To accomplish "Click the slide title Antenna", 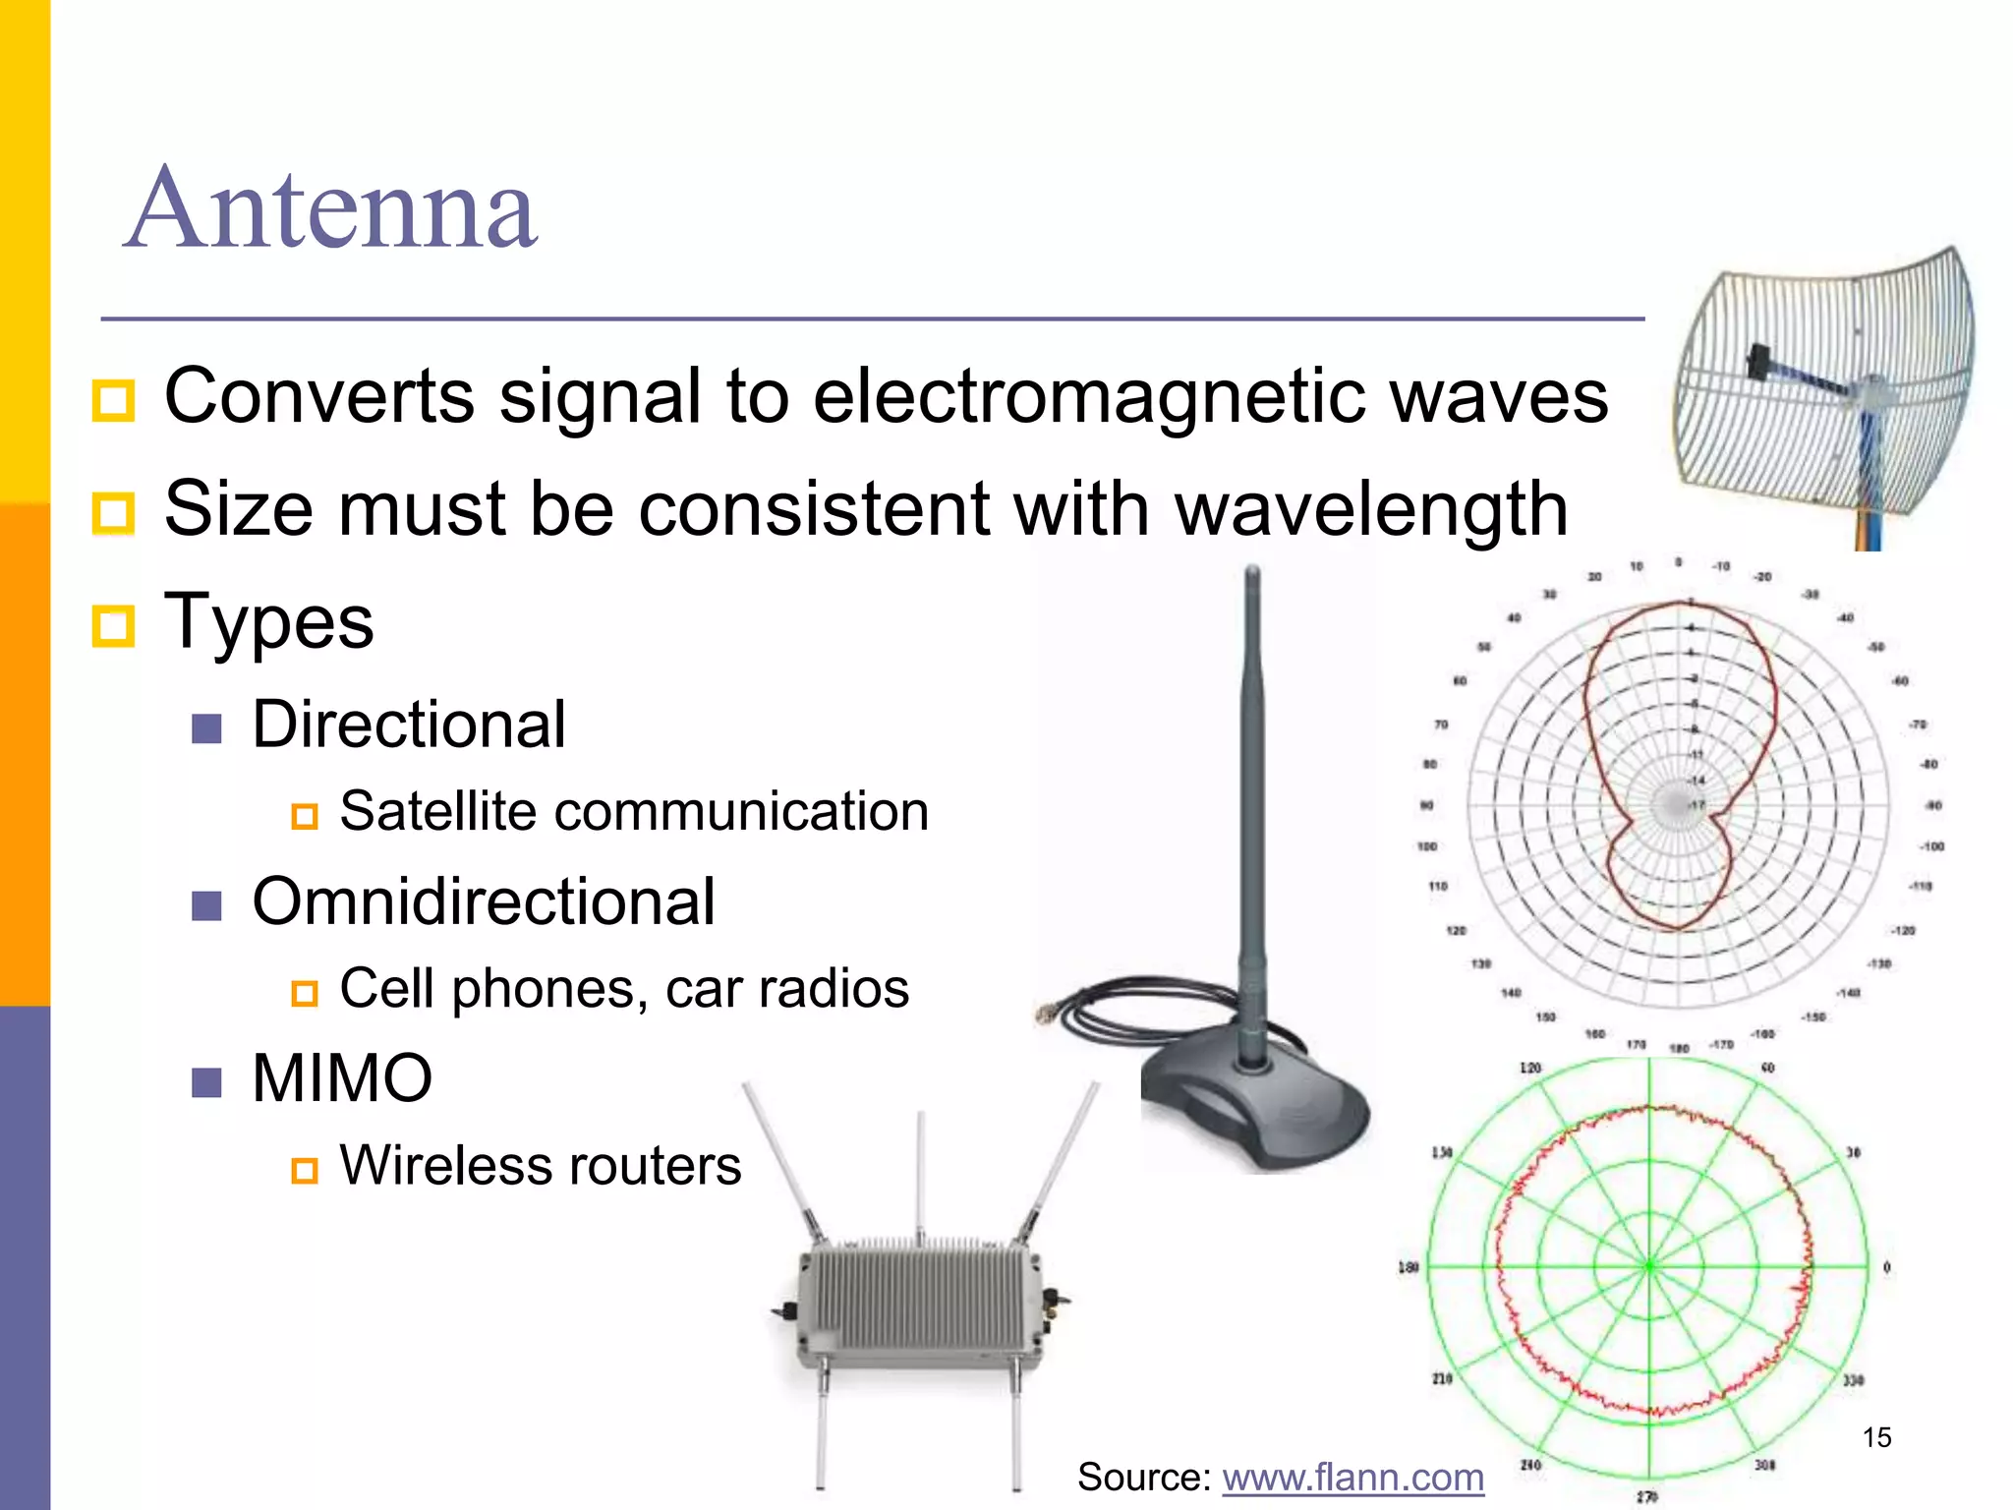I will point(332,209).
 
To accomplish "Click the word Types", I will point(268,621).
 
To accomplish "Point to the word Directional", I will point(409,725).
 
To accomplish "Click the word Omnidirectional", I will point(484,901).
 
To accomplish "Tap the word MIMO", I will point(342,1078).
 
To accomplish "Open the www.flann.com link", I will point(1352,1478).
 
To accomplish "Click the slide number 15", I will point(1876,1437).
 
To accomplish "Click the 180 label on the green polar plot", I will point(1409,1267).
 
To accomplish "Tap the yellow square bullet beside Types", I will point(113,624).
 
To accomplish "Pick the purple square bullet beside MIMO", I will point(206,1082).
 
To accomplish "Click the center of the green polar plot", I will point(1650,1267).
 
